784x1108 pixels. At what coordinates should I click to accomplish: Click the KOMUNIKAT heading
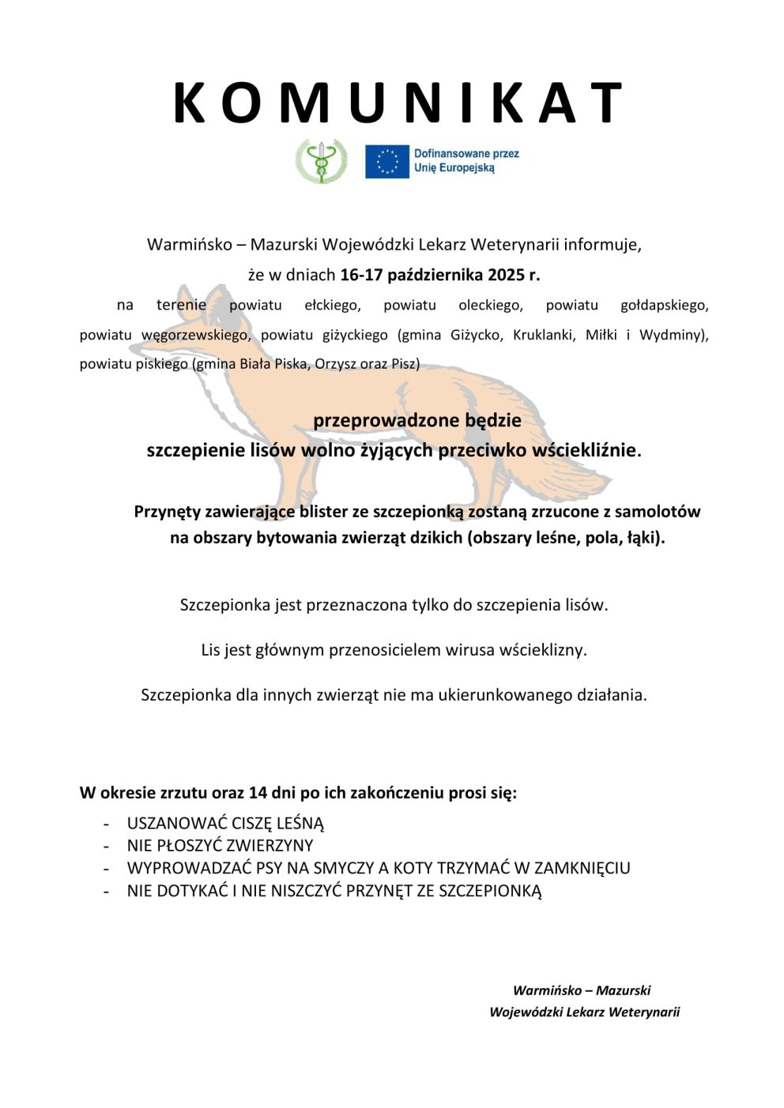pyautogui.click(x=398, y=103)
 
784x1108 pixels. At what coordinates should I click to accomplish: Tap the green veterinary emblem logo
pyautogui.click(x=321, y=161)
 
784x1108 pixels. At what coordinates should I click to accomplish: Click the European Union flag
pyautogui.click(x=386, y=161)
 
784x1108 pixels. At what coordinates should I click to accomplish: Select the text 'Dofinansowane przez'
pyautogui.click(x=466, y=154)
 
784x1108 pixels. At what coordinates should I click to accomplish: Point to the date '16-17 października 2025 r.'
pyautogui.click(x=439, y=275)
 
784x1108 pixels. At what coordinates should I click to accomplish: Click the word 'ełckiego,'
pyautogui.click(x=333, y=305)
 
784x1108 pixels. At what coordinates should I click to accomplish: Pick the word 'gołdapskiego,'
pyautogui.click(x=664, y=305)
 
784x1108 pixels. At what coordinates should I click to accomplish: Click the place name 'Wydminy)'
pyautogui.click(x=673, y=335)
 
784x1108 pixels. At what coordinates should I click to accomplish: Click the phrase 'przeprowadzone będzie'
pyautogui.click(x=416, y=420)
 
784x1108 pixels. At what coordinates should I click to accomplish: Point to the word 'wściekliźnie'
pyautogui.click(x=584, y=450)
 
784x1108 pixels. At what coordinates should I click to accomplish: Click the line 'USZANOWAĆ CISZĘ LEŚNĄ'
pyautogui.click(x=225, y=823)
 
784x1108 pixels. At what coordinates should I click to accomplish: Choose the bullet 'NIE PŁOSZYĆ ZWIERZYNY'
pyautogui.click(x=220, y=845)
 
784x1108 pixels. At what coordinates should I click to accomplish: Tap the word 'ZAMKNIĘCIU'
pyautogui.click(x=582, y=868)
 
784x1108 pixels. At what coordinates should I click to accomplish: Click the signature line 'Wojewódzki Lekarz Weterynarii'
pyautogui.click(x=584, y=1012)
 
